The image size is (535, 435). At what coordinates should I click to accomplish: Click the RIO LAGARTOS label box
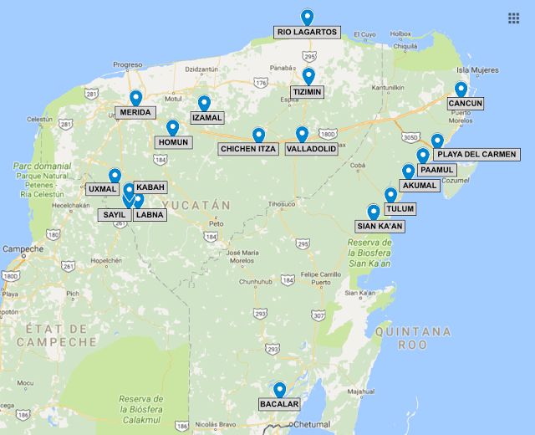(307, 32)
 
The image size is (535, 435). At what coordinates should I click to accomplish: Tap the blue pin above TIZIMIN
(308, 76)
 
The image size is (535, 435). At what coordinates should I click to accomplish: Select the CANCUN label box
(466, 103)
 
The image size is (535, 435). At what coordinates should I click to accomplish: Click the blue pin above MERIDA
(135, 98)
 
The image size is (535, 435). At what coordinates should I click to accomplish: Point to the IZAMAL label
(206, 118)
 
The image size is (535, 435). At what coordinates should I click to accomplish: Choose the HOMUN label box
(173, 142)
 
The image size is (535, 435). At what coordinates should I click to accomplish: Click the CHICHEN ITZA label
(247, 149)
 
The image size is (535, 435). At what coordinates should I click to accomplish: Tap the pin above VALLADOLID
(302, 134)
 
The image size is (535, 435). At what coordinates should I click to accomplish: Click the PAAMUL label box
(439, 170)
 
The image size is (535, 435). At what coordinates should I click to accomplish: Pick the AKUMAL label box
(419, 185)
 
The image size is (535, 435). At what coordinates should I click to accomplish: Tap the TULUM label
(400, 208)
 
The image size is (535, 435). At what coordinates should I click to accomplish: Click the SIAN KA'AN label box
(380, 225)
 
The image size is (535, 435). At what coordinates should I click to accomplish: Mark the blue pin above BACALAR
(279, 390)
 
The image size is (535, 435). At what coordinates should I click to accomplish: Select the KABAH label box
(150, 187)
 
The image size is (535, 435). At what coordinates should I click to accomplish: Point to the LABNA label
(150, 214)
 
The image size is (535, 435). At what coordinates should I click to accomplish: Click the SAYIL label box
(114, 214)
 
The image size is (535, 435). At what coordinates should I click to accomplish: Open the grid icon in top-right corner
(513, 18)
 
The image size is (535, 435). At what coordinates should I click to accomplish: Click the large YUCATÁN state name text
(196, 204)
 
